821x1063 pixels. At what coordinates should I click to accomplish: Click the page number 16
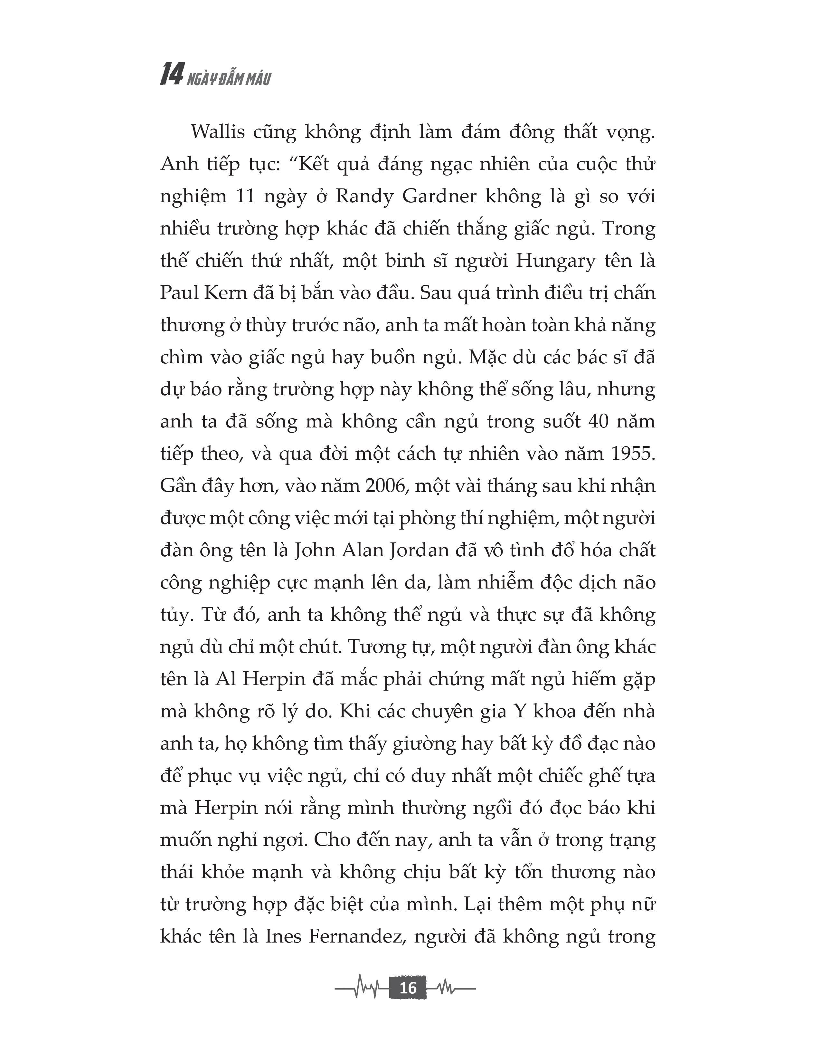click(x=408, y=988)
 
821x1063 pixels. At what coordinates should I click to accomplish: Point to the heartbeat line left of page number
click(x=362, y=988)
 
